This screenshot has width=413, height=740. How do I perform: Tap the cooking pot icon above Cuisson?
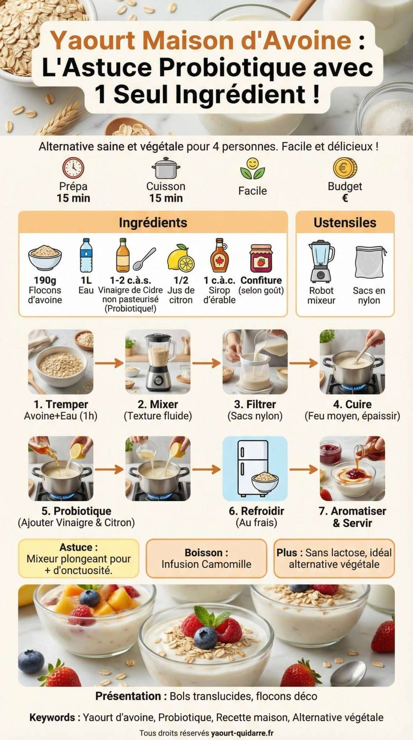[166, 168]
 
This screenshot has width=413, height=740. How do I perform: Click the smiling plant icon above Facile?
[253, 169]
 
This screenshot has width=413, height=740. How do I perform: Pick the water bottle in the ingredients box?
[86, 255]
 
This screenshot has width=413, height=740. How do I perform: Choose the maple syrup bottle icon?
[219, 255]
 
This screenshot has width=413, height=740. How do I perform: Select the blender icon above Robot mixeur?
[321, 261]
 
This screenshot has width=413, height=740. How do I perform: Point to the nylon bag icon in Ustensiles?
[369, 262]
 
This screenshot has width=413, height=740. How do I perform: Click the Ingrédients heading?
[153, 223]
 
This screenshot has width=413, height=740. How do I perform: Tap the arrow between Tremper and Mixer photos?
[109, 362]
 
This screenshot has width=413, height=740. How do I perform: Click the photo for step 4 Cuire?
[352, 362]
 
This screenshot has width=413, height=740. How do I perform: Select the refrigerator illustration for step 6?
[255, 468]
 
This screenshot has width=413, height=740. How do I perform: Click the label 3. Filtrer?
[255, 404]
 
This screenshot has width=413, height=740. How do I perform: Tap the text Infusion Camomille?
[206, 564]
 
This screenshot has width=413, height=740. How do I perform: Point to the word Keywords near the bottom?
[52, 717]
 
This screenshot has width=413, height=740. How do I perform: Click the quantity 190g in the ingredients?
[45, 280]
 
